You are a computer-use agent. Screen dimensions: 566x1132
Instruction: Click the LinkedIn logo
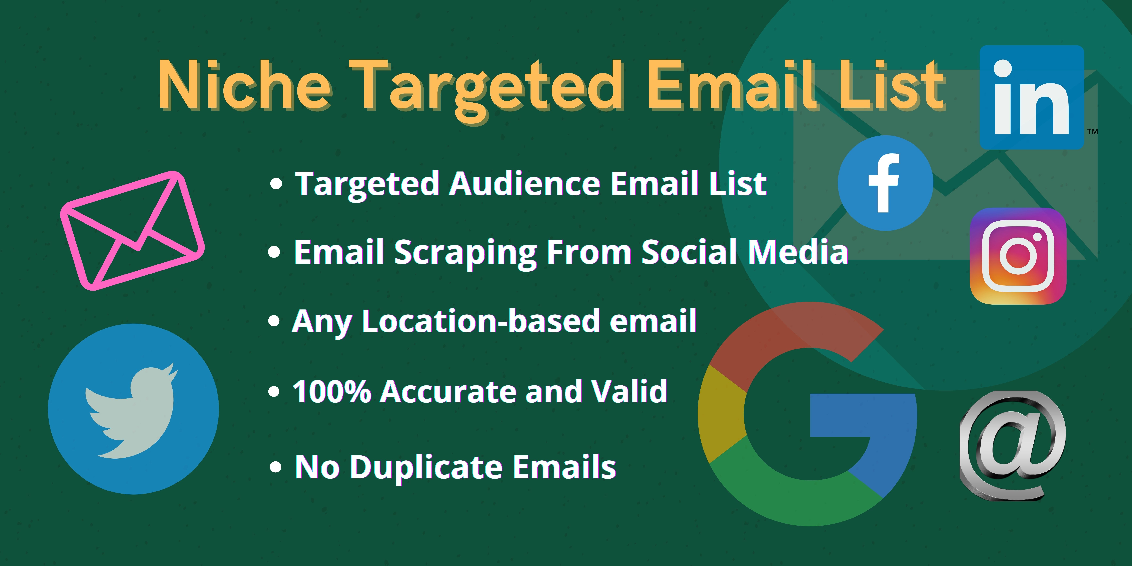pos(1031,97)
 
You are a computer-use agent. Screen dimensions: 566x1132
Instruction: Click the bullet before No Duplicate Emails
pos(275,467)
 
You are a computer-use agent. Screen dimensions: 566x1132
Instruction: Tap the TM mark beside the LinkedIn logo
pos(1093,131)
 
